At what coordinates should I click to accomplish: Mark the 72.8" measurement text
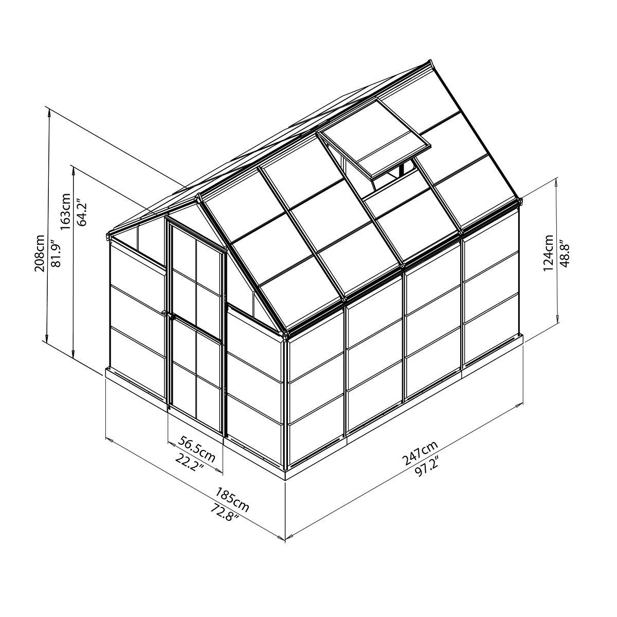click(224, 515)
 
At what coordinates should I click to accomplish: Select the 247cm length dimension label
click(420, 453)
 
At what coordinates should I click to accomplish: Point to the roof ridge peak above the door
click(198, 195)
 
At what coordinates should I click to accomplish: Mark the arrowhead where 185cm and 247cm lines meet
click(285, 538)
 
